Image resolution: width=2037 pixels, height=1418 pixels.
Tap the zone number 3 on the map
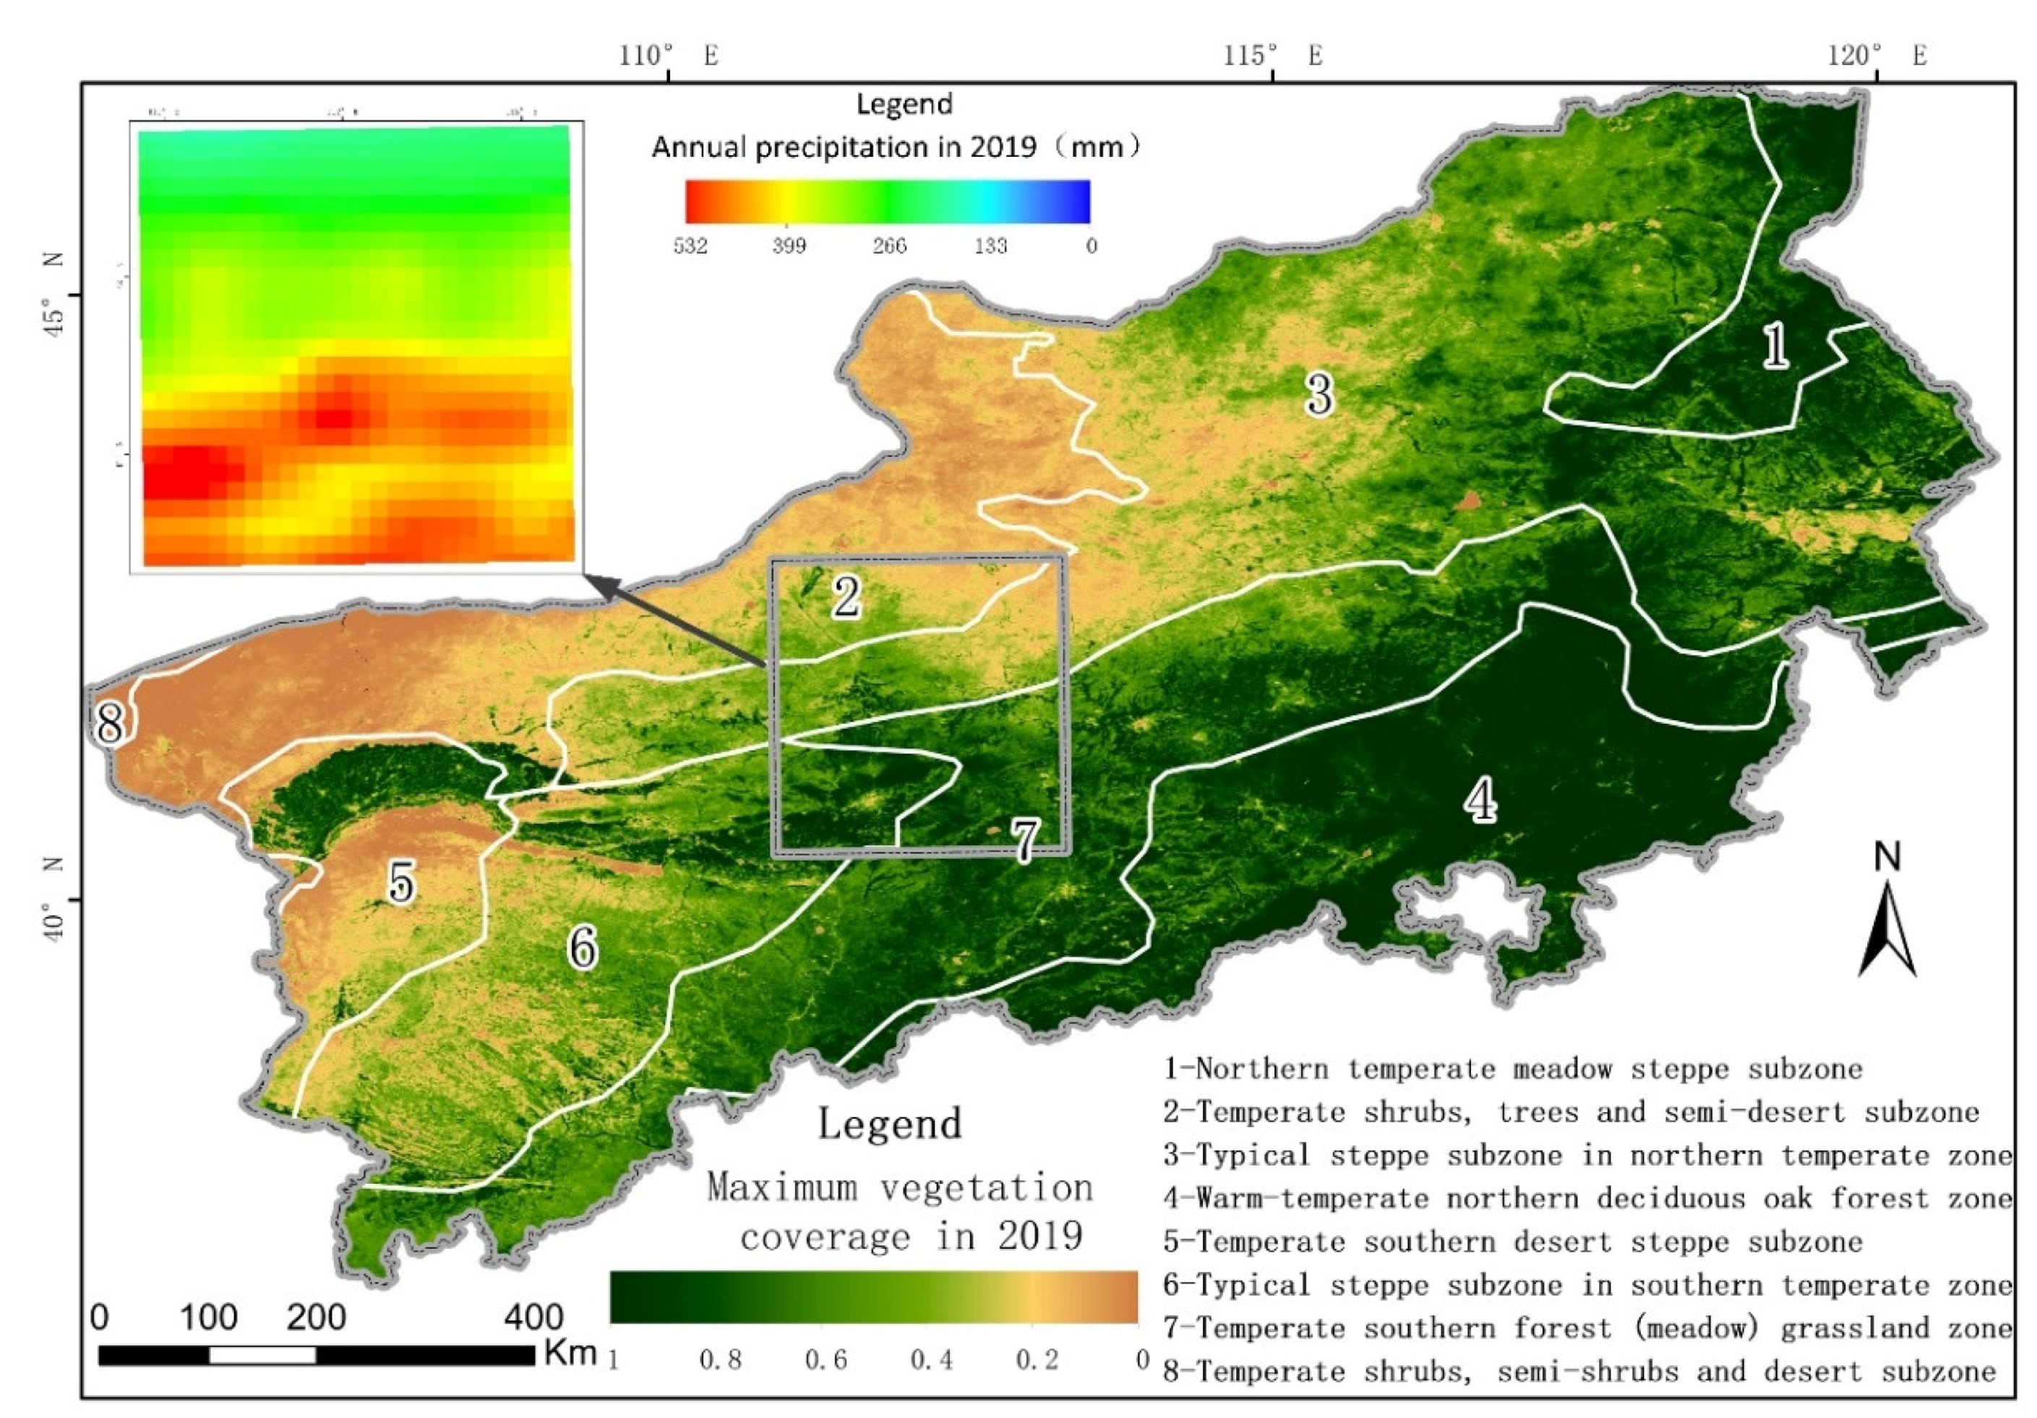tap(1319, 393)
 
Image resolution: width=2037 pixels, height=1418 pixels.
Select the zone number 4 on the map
tap(1480, 800)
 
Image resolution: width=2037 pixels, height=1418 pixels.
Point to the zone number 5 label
tap(401, 882)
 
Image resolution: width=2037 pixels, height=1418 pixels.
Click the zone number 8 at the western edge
tap(110, 723)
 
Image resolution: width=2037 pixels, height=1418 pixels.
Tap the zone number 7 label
tap(1025, 840)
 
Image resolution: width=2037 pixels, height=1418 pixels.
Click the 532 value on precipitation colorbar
tap(690, 246)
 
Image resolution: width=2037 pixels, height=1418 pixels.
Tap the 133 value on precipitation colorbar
tap(990, 246)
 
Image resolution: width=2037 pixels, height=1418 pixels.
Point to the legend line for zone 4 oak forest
tap(1588, 1198)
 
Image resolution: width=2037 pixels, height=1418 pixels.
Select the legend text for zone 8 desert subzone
tap(1579, 1371)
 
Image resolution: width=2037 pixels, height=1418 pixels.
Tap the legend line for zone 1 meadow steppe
tap(1513, 1068)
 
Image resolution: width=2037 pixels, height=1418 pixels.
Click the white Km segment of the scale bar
tap(262, 1355)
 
